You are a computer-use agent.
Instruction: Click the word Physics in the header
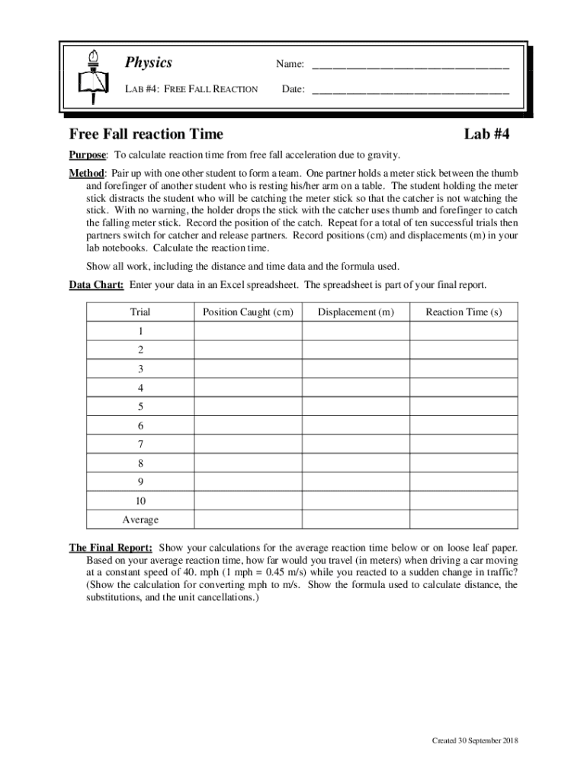tap(149, 63)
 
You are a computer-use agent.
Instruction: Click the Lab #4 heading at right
tap(486, 134)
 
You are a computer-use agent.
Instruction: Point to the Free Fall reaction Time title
tap(146, 134)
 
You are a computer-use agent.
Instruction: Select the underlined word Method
tap(86, 173)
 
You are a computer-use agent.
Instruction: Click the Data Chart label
tap(96, 285)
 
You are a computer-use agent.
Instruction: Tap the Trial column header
tap(140, 312)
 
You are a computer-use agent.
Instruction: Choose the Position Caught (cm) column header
tap(248, 312)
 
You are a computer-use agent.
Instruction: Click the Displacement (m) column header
tap(356, 312)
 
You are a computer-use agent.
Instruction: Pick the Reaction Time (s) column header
tap(464, 312)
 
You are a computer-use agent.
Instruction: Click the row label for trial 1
tap(140, 331)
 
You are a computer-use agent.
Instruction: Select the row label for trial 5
tap(140, 407)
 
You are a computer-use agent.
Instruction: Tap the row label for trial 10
tap(140, 501)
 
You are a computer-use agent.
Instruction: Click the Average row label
tap(140, 519)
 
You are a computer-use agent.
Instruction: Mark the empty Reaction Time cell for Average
tap(464, 519)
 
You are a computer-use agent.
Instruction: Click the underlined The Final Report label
tap(111, 548)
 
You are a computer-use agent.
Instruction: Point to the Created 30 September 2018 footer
tap(475, 741)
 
